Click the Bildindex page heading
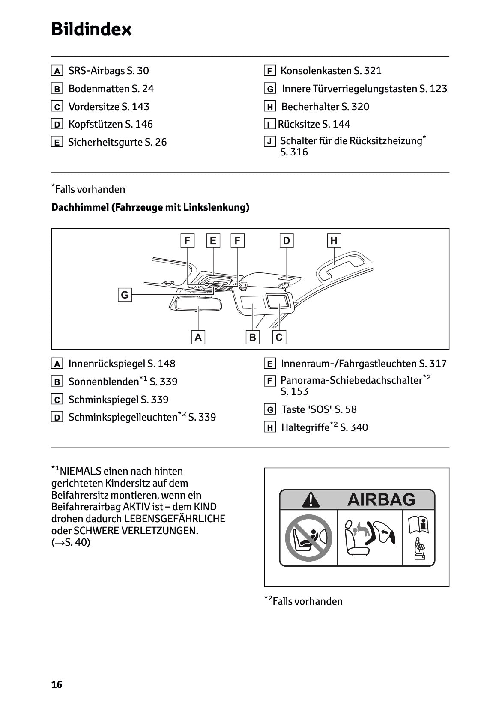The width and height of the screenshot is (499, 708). (x=91, y=29)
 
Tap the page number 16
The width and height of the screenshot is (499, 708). (x=57, y=684)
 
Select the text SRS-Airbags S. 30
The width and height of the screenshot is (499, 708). (x=108, y=71)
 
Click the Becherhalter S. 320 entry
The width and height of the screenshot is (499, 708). (x=325, y=107)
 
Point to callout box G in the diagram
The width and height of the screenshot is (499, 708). (x=125, y=295)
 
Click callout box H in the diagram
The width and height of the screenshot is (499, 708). (x=334, y=240)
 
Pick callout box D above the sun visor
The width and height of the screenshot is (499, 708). (x=286, y=240)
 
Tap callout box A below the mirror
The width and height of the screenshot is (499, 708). (x=198, y=337)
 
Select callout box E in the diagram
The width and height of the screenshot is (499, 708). (x=213, y=240)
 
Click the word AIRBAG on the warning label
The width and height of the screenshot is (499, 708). (x=381, y=499)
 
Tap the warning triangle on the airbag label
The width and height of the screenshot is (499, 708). (x=310, y=499)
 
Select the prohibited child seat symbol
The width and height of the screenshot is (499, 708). (x=308, y=538)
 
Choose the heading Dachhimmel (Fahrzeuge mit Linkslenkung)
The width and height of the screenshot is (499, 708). (x=150, y=207)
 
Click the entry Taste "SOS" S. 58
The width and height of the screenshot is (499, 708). (x=319, y=409)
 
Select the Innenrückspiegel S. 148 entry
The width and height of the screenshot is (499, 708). (x=122, y=364)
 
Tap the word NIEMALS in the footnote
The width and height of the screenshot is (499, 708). (x=81, y=471)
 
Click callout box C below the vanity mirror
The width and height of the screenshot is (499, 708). (x=279, y=337)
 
